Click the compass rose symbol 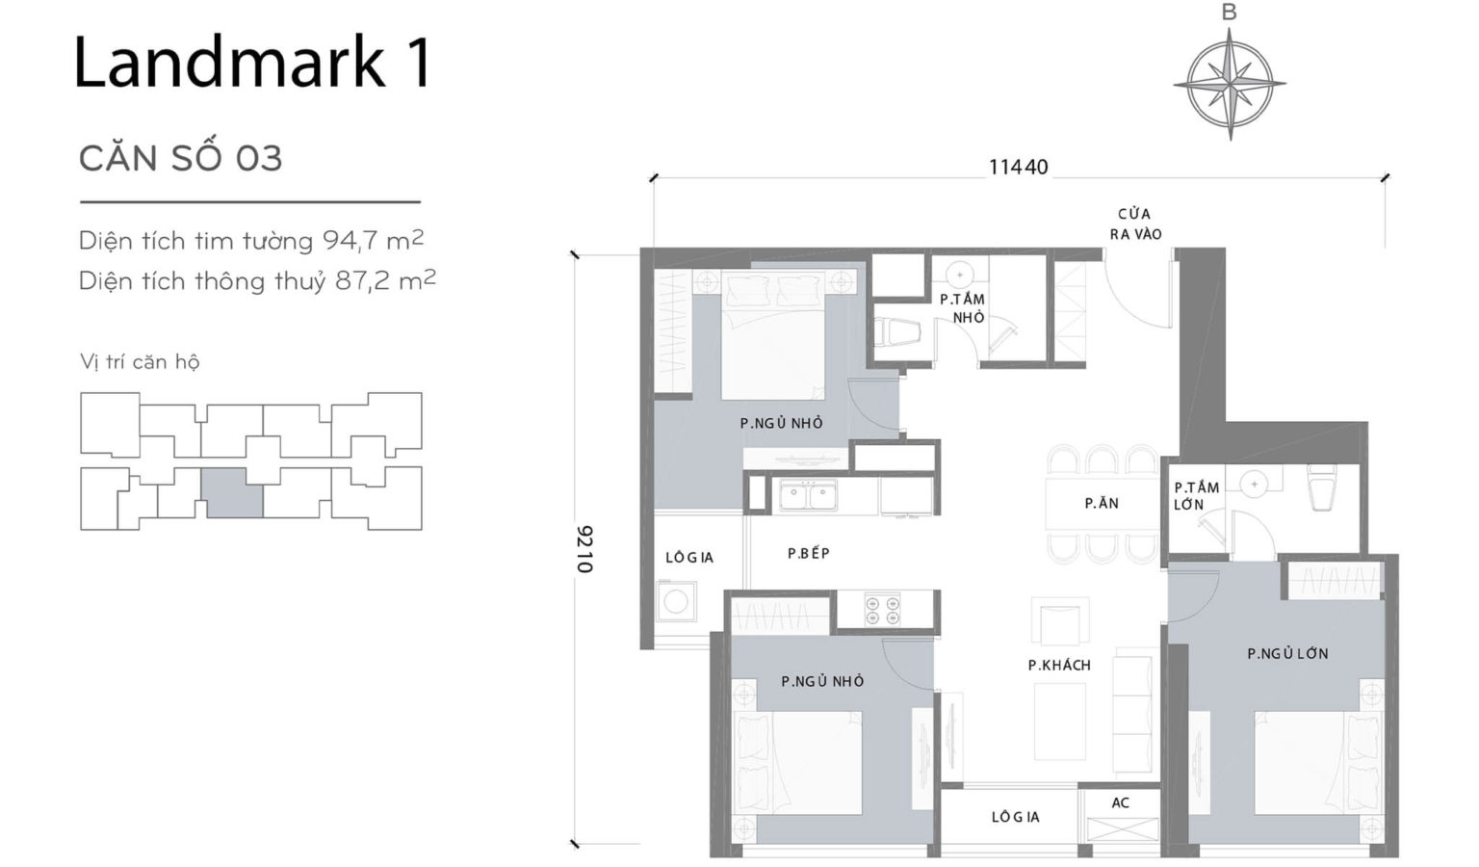pos(1230,84)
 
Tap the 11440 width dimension pos(1018,167)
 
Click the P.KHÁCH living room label pos(1059,665)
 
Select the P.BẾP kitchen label pos(808,553)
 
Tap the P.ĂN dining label pos(1102,503)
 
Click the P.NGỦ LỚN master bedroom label pos(1287,653)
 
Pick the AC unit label pos(1120,802)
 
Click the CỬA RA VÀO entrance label pos(1134,223)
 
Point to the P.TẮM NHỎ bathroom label pos(963,308)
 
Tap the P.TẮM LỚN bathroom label pos(1196,495)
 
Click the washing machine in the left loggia pos(675,602)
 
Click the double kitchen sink pos(808,497)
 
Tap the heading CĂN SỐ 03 pos(180,158)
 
